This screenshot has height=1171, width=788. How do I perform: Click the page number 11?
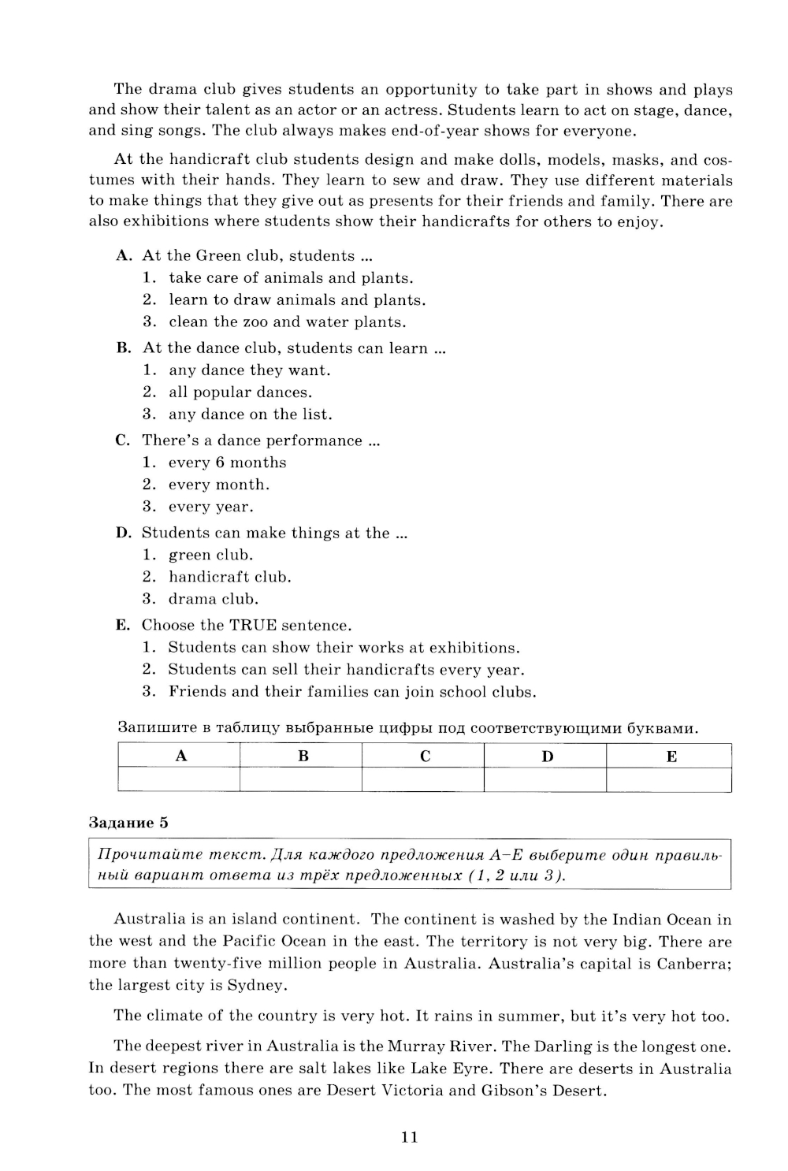[x=409, y=1136]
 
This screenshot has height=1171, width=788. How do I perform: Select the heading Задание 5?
[x=128, y=823]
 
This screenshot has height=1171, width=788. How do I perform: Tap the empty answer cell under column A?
[x=179, y=779]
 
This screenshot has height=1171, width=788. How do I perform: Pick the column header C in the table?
[x=425, y=757]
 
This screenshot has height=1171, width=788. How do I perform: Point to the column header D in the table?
[x=547, y=757]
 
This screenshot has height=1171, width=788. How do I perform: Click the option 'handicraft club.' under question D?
[x=229, y=577]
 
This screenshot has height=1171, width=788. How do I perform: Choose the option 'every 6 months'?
[x=227, y=463]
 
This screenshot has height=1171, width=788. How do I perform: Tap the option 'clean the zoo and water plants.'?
[x=287, y=322]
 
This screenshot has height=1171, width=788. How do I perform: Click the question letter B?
[x=122, y=348]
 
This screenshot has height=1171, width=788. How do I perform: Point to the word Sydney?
[x=255, y=985]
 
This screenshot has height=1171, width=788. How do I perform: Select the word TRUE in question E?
[x=253, y=626]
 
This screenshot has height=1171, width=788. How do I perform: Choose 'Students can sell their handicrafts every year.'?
[x=346, y=670]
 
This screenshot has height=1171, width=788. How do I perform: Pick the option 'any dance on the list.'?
[x=250, y=414]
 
